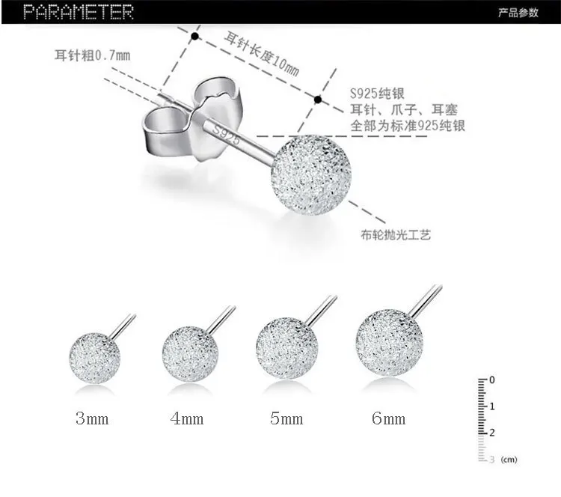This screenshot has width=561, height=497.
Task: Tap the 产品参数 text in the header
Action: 518,13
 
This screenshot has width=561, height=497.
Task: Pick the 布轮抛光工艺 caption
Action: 399,234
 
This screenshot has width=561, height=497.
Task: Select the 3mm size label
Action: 92,418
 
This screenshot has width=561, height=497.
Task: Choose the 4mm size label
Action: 187,418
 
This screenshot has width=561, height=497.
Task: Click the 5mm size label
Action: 286,418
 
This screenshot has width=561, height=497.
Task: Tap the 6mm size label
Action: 388,418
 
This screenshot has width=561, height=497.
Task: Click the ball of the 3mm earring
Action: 94,357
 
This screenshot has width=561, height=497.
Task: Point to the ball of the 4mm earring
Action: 190,353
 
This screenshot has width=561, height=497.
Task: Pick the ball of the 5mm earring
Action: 287,349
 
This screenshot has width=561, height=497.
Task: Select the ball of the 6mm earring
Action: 384,344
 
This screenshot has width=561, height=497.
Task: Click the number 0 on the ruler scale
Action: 491,380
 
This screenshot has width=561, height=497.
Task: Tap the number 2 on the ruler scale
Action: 491,433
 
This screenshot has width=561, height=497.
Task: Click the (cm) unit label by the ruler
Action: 509,459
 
